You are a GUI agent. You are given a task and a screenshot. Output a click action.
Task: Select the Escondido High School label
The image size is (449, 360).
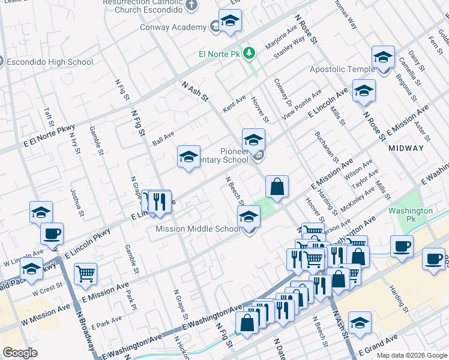[x=50, y=62]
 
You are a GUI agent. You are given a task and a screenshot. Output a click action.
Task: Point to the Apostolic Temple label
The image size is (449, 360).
[x=342, y=70]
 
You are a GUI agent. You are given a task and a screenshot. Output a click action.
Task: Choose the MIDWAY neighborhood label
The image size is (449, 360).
[x=406, y=148]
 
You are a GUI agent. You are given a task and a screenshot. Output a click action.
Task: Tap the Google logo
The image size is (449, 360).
[x=20, y=353]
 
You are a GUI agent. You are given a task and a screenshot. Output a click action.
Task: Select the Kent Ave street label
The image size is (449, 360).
[x=234, y=103]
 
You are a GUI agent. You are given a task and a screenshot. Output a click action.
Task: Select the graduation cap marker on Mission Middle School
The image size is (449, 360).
[x=248, y=218]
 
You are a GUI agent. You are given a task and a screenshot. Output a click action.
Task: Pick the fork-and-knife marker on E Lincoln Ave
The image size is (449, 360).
[x=160, y=202]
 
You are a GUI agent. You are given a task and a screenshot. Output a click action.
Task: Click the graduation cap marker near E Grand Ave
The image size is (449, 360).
[x=360, y=324]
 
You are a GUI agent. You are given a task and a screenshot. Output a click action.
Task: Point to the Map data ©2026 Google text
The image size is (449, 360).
[x=411, y=355]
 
